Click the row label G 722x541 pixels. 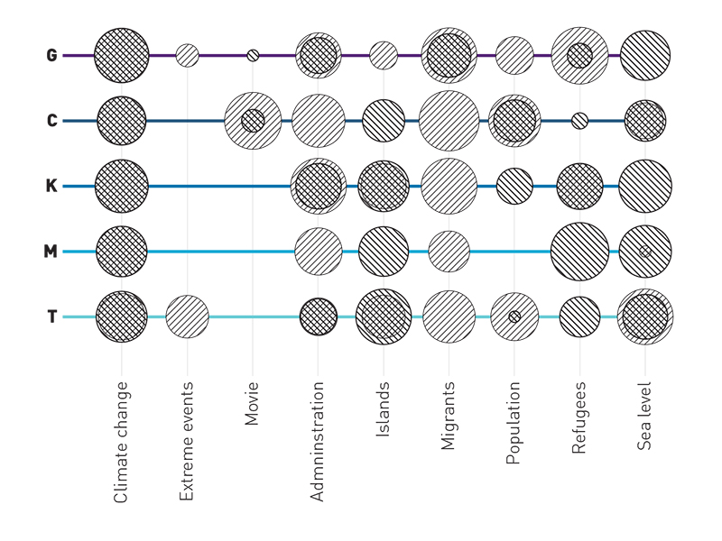click(x=51, y=55)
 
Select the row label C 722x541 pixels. click(x=52, y=121)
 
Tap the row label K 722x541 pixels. click(x=51, y=186)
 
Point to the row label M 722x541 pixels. click(x=51, y=252)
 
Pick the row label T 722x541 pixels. click(x=52, y=316)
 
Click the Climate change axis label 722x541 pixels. click(x=120, y=442)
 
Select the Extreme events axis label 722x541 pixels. click(x=186, y=441)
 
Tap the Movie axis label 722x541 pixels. click(x=252, y=403)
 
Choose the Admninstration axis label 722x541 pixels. click(x=318, y=441)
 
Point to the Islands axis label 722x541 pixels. click(x=383, y=409)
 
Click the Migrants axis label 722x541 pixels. click(x=448, y=416)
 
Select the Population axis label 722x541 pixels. click(x=514, y=423)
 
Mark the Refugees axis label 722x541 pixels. click(x=579, y=417)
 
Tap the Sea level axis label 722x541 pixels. click(x=644, y=416)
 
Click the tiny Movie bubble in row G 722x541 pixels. click(x=253, y=56)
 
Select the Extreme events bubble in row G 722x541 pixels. click(x=188, y=56)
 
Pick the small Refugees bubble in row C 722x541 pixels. click(x=579, y=121)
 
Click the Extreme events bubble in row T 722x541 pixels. click(x=187, y=316)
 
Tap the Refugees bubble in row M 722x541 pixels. click(x=579, y=252)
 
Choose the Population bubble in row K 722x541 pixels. click(x=514, y=187)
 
